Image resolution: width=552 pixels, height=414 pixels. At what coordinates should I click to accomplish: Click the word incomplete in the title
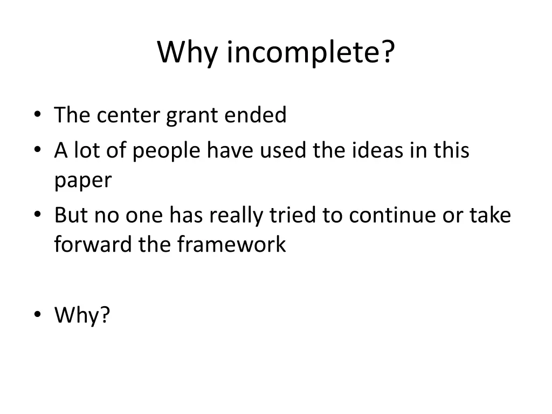pyautogui.click(x=310, y=53)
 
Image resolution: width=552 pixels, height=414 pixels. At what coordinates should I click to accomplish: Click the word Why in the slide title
pyautogui.click(x=188, y=53)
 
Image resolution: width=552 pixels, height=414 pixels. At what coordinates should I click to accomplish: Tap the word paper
pyautogui.click(x=83, y=181)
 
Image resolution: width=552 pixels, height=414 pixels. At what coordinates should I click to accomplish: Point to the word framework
pyautogui.click(x=231, y=245)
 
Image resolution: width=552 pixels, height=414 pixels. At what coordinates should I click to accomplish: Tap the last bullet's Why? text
pyautogui.click(x=82, y=315)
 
